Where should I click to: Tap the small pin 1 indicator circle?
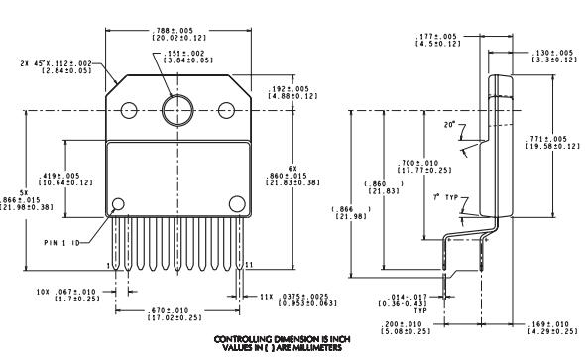coord(119,205)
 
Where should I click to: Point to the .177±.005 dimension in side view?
coord(436,40)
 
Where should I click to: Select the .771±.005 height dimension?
coord(553,142)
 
